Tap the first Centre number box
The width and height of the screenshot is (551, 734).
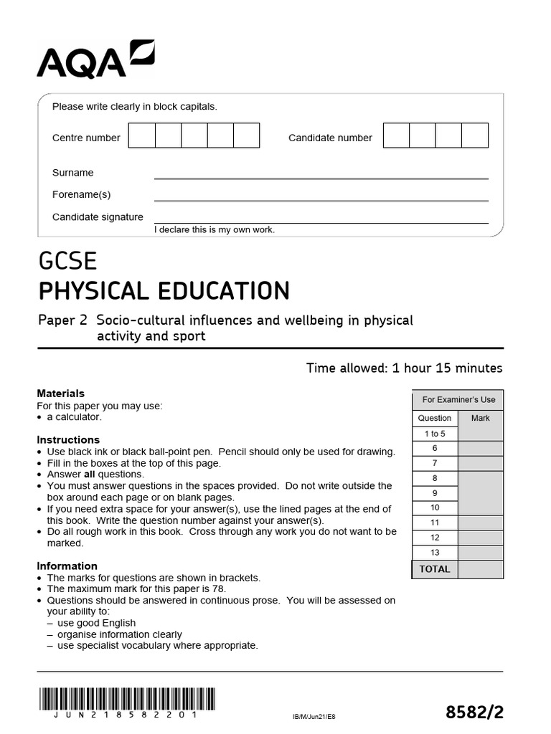click(x=141, y=135)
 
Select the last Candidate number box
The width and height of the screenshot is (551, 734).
click(x=475, y=135)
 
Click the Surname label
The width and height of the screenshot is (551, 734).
click(x=72, y=173)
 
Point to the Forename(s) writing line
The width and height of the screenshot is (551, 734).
click(x=321, y=200)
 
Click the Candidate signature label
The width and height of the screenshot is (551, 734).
click(x=98, y=217)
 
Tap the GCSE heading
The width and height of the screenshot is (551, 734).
click(x=67, y=261)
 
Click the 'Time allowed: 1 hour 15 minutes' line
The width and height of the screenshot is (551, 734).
click(x=404, y=368)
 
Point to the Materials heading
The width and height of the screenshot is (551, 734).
click(x=60, y=394)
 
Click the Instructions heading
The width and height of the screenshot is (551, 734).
click(x=68, y=439)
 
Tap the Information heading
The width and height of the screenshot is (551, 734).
click(x=67, y=566)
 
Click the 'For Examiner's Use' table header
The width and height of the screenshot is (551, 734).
click(x=458, y=400)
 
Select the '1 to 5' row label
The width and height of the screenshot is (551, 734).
click(x=435, y=434)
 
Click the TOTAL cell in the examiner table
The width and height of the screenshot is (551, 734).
click(x=435, y=569)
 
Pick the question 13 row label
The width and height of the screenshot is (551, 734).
click(x=435, y=553)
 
